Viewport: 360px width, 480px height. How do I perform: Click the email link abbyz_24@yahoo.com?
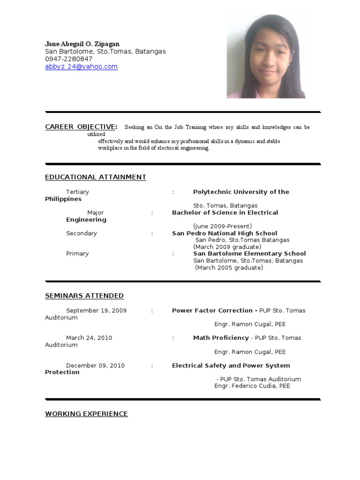pyautogui.click(x=81, y=67)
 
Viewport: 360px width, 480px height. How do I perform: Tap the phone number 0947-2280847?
pyautogui.click(x=68, y=59)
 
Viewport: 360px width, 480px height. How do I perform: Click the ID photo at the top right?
pyautogui.click(x=266, y=56)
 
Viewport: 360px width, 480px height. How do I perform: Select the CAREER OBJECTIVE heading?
pyautogui.click(x=80, y=127)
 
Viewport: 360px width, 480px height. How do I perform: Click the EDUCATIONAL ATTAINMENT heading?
pyautogui.click(x=96, y=177)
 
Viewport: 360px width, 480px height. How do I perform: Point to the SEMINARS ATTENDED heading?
pyautogui.click(x=84, y=296)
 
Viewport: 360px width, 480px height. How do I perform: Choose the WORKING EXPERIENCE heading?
pyautogui.click(x=86, y=414)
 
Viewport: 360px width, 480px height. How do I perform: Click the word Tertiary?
pyautogui.click(x=77, y=192)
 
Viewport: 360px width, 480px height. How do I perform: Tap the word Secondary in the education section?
pyautogui.click(x=82, y=233)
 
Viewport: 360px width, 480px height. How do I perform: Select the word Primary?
pyautogui.click(x=77, y=254)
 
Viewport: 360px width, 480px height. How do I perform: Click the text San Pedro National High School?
pyautogui.click(x=225, y=233)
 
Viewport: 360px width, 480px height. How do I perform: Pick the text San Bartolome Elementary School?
pyautogui.click(x=249, y=254)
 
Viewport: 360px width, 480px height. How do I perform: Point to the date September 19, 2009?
pyautogui.click(x=96, y=310)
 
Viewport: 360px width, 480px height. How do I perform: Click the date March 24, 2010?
pyautogui.click(x=89, y=337)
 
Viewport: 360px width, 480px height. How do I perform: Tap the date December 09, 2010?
pyautogui.click(x=95, y=366)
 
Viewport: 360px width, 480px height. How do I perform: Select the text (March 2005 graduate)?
pyautogui.click(x=229, y=268)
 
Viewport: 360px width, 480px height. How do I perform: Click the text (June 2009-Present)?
pyautogui.click(x=223, y=226)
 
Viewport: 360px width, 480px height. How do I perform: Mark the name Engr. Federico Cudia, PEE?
pyautogui.click(x=252, y=386)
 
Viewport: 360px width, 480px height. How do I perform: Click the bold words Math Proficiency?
pyautogui.click(x=221, y=337)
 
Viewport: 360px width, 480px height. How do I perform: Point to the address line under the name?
pyautogui.click(x=105, y=52)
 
